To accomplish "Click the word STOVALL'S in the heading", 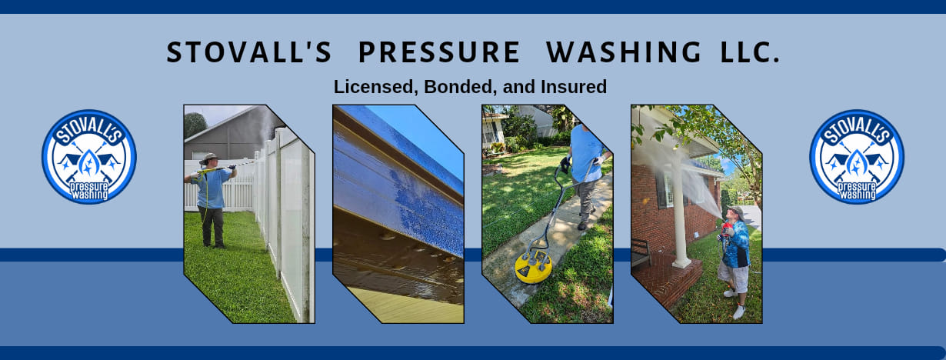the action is pyautogui.click(x=249, y=52).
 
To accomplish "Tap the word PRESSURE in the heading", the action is pyautogui.click(x=439, y=52).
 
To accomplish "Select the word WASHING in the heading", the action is pyautogui.click(x=624, y=52).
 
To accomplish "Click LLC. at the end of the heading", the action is pyautogui.click(x=750, y=52).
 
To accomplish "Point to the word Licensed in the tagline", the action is pyautogui.click(x=376, y=87).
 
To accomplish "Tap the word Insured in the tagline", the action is pyautogui.click(x=574, y=87).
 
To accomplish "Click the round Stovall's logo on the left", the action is pyautogui.click(x=88, y=157).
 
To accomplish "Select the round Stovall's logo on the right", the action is pyautogui.click(x=857, y=157).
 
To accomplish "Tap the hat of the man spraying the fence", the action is pyautogui.click(x=209, y=158).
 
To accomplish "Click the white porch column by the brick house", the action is pyautogui.click(x=679, y=213).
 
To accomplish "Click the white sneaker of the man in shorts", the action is pyautogui.click(x=738, y=312).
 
